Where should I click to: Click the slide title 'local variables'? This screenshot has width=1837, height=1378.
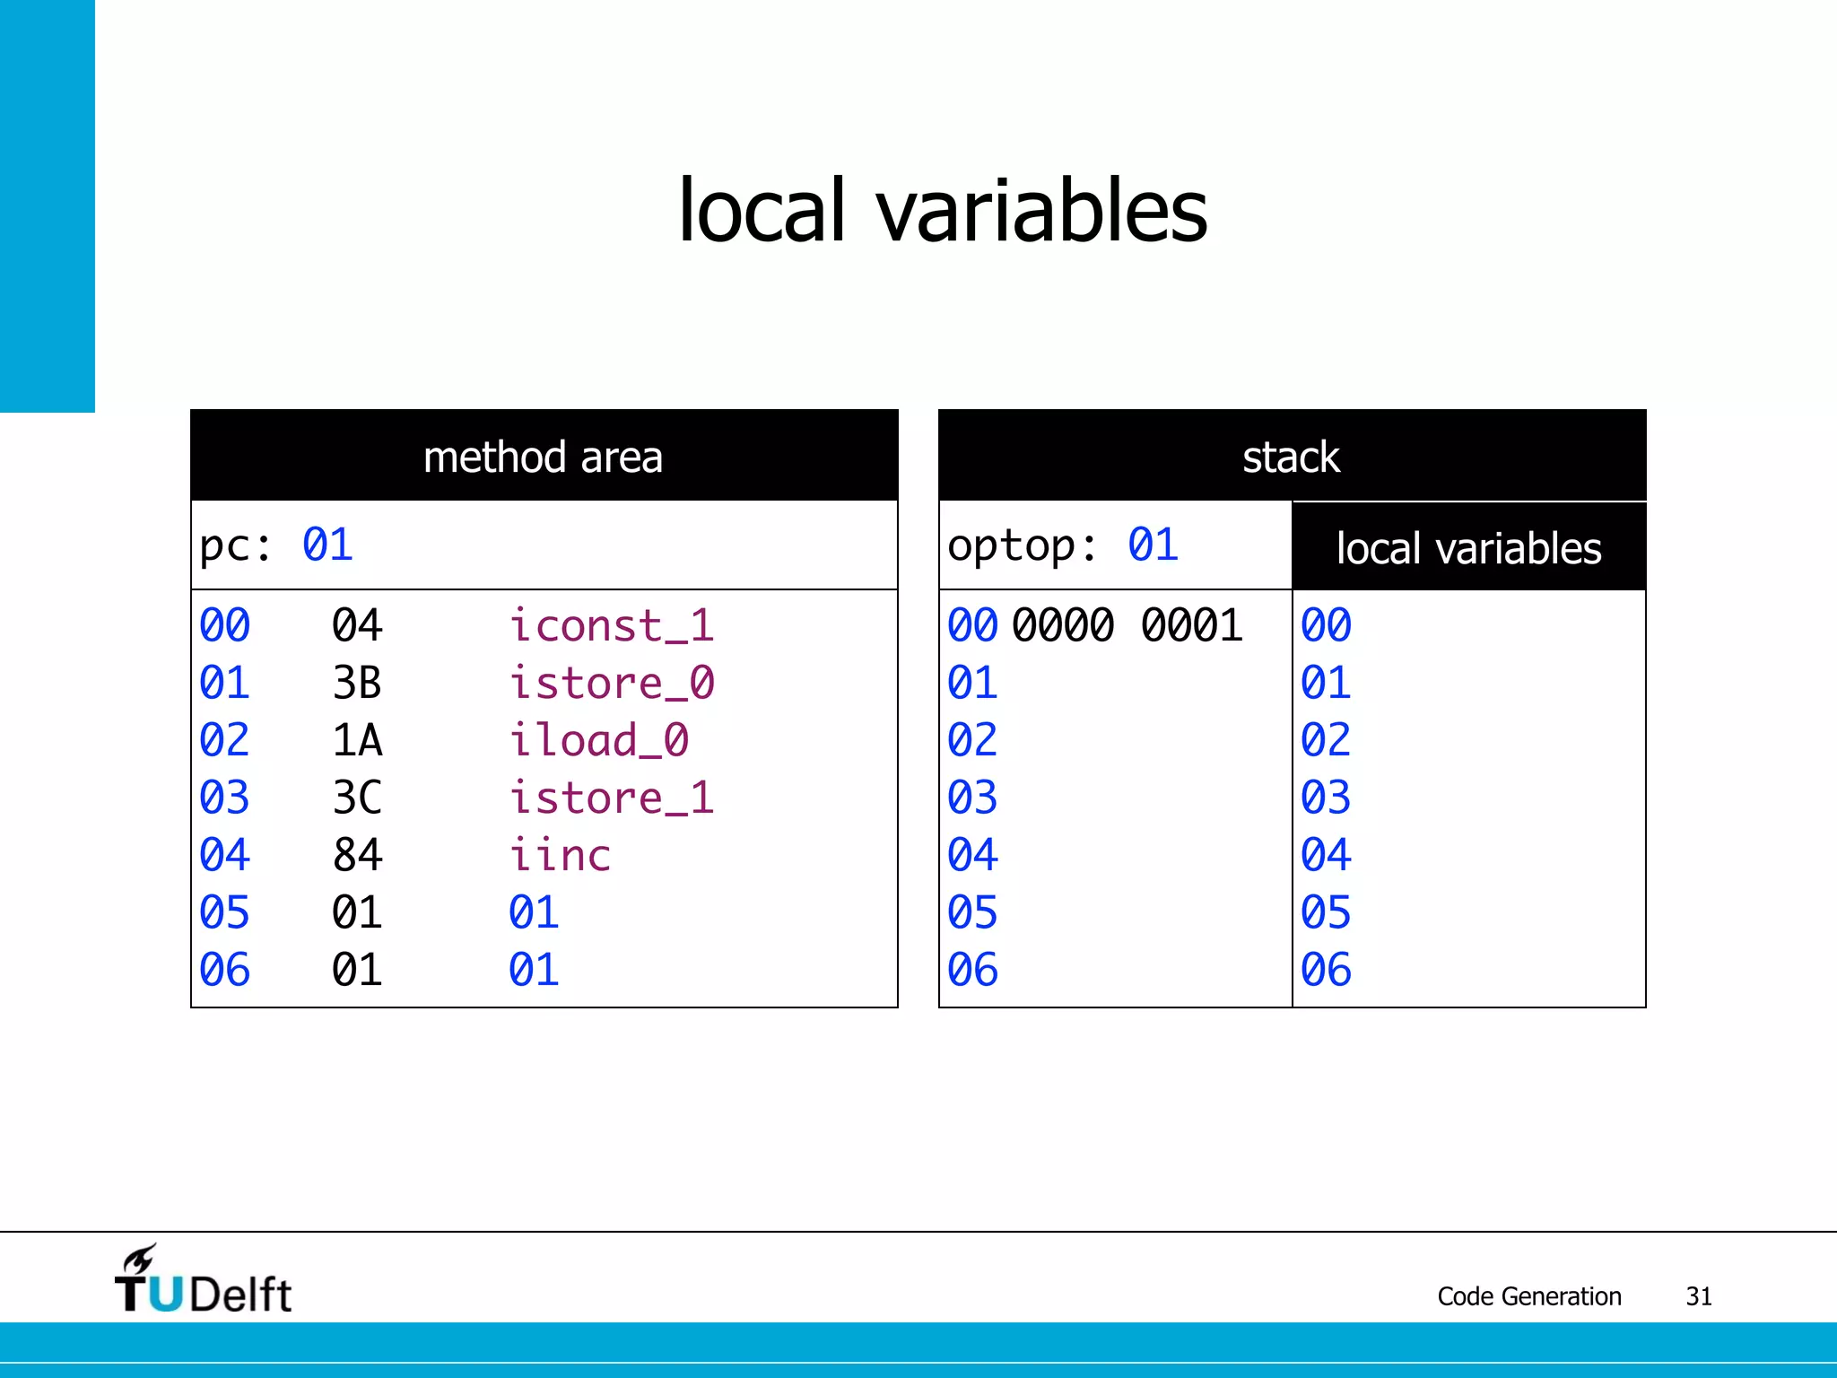point(942,211)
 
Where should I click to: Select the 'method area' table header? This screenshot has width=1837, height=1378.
point(544,457)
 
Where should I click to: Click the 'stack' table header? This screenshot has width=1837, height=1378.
point(1291,457)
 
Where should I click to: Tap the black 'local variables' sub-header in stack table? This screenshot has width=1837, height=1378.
point(1468,548)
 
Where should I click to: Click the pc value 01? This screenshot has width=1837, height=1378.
point(327,545)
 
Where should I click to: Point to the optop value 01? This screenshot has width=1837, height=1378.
point(1153,545)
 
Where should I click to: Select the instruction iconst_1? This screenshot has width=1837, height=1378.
point(612,625)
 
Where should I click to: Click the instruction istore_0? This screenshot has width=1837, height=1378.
point(612,683)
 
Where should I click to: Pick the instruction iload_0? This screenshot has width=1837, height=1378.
point(598,740)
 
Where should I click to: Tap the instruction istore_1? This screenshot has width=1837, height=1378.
point(612,798)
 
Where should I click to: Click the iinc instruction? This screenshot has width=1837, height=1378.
point(560,855)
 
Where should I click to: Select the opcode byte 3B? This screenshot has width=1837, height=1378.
point(357,683)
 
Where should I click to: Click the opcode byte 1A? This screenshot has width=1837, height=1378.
point(357,740)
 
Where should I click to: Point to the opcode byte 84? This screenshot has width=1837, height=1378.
point(357,855)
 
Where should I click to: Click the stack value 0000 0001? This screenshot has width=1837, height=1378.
point(1127,625)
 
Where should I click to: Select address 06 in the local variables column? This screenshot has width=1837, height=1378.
point(1326,970)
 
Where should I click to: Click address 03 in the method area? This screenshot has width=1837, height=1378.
point(224,798)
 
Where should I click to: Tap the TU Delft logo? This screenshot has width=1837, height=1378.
point(203,1281)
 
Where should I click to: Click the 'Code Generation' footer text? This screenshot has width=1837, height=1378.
point(1528,1296)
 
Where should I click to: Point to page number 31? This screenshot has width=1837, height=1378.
point(1698,1296)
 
